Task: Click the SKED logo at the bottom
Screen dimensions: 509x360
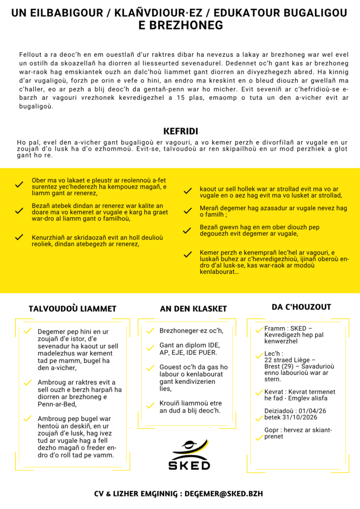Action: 191,455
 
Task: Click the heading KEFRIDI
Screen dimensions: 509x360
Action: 181,132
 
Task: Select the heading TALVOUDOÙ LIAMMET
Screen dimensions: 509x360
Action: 73,309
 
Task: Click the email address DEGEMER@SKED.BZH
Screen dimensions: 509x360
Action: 221,494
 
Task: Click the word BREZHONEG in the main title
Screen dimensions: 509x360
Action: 180,25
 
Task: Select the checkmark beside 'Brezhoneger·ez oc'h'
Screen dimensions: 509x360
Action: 150,331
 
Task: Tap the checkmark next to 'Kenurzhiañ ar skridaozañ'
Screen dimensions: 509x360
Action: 19,237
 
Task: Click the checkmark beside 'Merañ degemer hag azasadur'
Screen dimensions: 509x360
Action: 187,211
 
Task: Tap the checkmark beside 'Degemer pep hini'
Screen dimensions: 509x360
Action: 28,331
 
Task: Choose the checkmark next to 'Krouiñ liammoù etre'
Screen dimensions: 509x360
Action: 150,406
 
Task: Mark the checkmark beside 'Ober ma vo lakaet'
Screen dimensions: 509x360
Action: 19,184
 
